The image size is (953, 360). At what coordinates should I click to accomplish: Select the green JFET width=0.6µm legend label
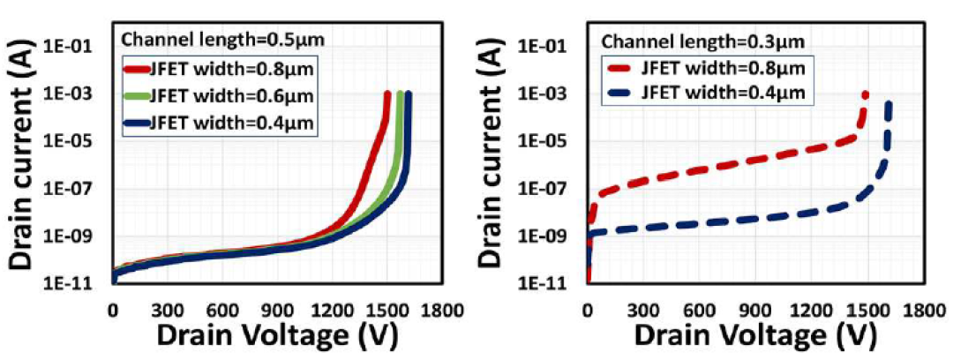coord(231,96)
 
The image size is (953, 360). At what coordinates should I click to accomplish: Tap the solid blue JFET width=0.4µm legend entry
coord(219,124)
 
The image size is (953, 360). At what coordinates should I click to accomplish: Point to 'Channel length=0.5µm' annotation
coord(223,40)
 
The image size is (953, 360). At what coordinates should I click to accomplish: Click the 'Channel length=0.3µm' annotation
coord(702,41)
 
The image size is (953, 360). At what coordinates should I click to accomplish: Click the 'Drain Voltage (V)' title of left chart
coord(278,336)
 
